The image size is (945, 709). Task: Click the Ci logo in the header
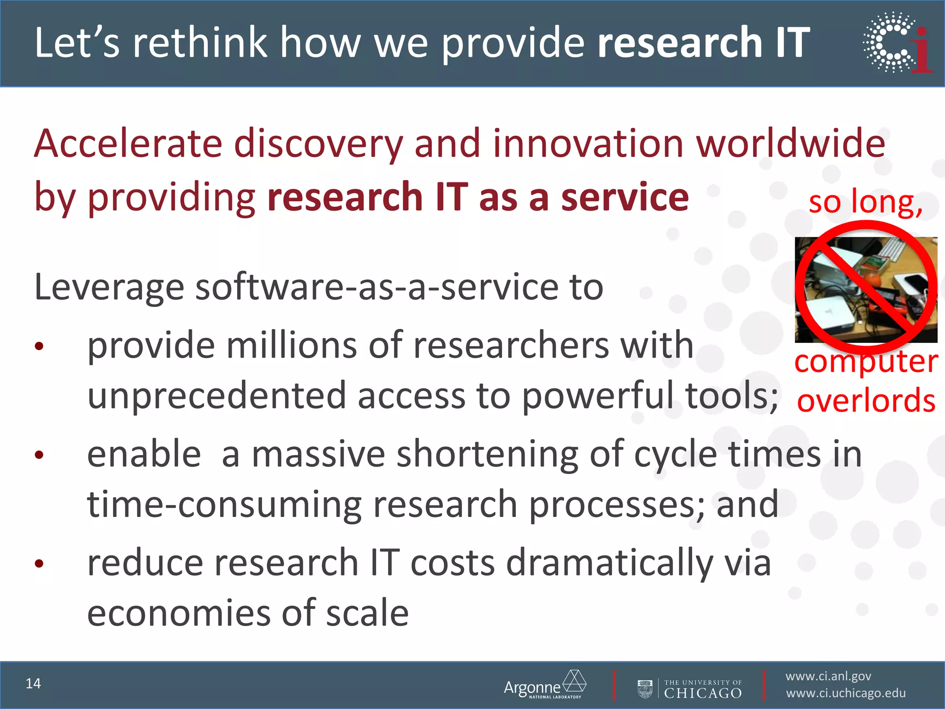(x=897, y=42)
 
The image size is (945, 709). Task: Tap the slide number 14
(x=33, y=684)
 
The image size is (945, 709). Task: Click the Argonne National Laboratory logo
(x=545, y=685)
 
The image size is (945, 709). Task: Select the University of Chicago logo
(x=690, y=689)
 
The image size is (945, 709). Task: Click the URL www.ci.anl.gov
(x=828, y=676)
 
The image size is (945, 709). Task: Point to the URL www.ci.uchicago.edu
(x=846, y=693)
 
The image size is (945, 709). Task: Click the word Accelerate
(x=128, y=144)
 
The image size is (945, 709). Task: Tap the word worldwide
(x=790, y=144)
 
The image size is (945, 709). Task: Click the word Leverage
(x=109, y=288)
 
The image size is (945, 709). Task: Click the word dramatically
(x=610, y=563)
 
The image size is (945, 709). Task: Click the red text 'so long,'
(x=865, y=202)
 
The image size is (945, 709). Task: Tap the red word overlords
(x=866, y=400)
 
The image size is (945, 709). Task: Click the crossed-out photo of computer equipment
(x=866, y=290)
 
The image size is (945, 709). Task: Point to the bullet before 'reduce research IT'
(x=39, y=563)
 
